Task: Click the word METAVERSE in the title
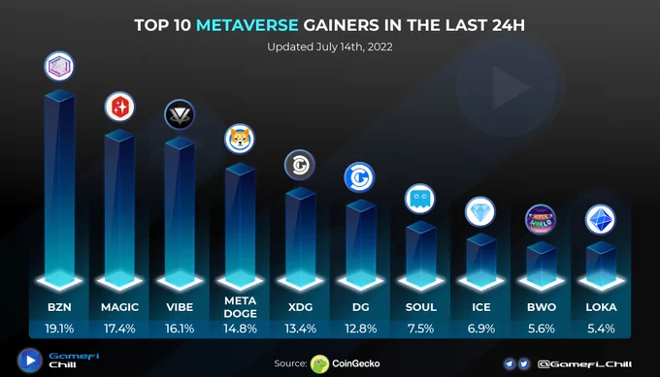tap(247, 25)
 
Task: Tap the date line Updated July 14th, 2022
tap(330, 47)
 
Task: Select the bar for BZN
tap(59, 187)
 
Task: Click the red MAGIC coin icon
tap(119, 107)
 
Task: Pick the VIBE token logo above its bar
tap(180, 114)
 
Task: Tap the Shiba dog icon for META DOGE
tap(240, 140)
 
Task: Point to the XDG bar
tap(300, 237)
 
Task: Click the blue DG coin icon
tap(359, 177)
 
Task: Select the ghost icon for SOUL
tap(420, 199)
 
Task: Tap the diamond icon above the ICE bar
tap(480, 211)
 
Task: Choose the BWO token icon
tap(541, 219)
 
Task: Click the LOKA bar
tap(601, 265)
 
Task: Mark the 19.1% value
tap(59, 329)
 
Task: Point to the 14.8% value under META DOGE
tap(240, 329)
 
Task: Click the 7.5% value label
tap(420, 329)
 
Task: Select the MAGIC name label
tap(119, 307)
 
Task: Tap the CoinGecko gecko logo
tap(319, 364)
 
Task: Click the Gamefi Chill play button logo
tap(30, 361)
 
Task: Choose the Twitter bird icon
tap(523, 364)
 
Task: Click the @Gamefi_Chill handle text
tap(584, 364)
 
